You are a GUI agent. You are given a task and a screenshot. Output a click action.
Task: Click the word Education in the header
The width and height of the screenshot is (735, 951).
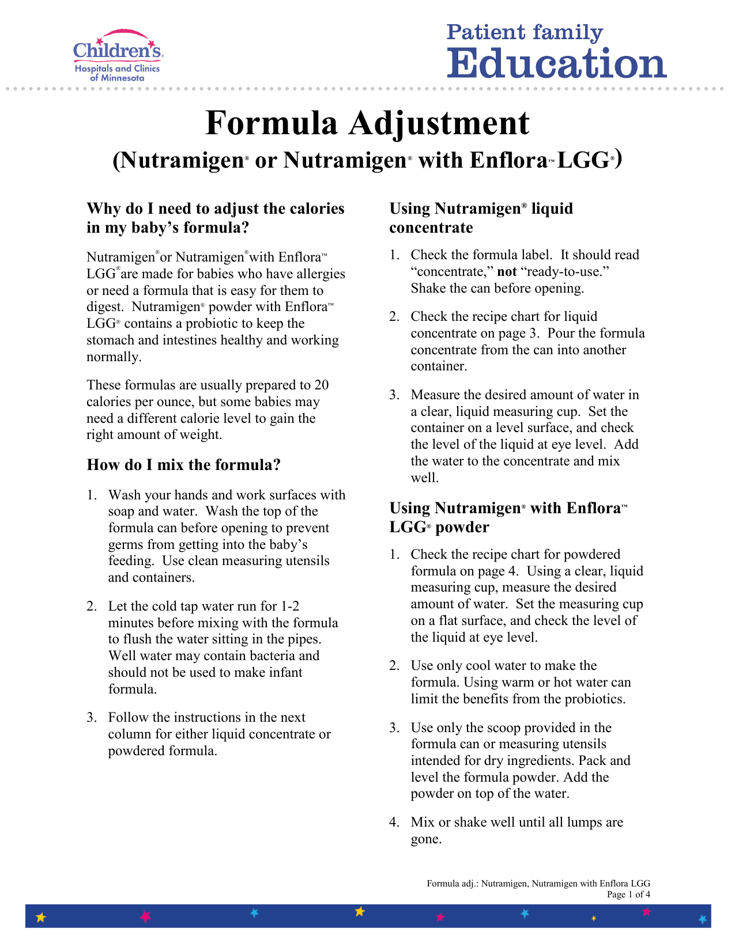coord(556,63)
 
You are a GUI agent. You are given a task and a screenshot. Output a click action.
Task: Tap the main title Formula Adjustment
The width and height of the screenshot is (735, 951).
coord(367,123)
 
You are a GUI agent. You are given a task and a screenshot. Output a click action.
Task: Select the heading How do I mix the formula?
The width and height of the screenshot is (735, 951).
coord(183,465)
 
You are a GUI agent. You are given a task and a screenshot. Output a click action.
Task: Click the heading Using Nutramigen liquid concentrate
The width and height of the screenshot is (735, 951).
coord(481,218)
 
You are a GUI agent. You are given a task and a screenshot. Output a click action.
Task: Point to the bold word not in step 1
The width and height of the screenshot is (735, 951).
coord(507,272)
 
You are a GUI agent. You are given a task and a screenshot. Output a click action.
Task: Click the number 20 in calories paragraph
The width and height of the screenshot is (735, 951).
coord(321,385)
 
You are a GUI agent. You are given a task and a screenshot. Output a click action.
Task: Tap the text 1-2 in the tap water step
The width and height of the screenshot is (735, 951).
coord(290,607)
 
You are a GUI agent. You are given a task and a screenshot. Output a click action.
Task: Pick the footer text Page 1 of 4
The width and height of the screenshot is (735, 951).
coord(628,895)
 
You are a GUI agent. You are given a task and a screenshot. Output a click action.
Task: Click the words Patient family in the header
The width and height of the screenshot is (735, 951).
coord(525,32)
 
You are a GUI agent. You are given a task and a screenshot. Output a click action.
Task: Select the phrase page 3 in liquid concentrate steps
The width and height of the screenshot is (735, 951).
coord(522,334)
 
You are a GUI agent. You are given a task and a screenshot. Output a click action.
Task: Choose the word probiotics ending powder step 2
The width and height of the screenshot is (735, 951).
coord(595,699)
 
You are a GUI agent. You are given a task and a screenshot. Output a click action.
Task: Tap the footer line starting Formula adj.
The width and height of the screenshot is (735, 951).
coord(538,884)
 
